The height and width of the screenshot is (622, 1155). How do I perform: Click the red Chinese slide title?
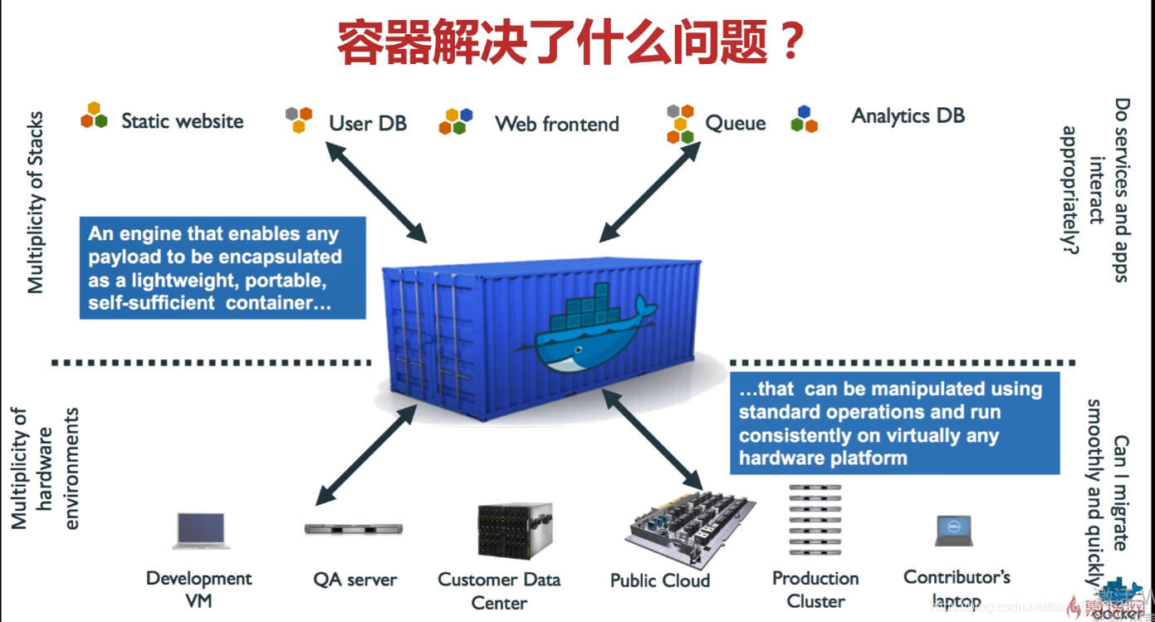pos(570,43)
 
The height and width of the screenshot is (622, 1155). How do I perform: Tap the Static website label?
pos(182,121)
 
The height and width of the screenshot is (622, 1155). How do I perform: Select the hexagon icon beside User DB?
pos(299,119)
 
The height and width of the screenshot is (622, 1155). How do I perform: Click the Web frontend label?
pos(557,125)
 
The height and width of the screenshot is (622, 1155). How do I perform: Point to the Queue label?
pos(735,124)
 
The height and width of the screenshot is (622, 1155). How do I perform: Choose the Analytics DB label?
pos(908,115)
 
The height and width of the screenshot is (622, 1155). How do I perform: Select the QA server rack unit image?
pos(354,528)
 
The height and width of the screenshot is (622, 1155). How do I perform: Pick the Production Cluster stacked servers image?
pos(815,519)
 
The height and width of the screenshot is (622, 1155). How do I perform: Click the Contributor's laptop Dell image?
pos(952,531)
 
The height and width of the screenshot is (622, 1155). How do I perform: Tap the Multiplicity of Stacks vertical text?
pos(35,203)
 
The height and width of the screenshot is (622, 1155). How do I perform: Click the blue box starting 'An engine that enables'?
pos(222,268)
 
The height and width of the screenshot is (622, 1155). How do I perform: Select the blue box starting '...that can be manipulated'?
pos(894,424)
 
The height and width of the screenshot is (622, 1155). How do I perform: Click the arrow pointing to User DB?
pos(375,192)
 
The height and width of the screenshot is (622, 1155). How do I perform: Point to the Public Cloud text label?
pos(659,580)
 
